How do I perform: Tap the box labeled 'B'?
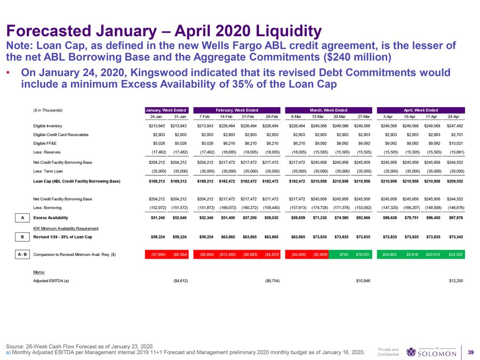(x=19, y=235)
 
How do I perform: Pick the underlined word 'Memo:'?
(x=40, y=272)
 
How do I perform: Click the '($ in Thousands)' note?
(x=48, y=110)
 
